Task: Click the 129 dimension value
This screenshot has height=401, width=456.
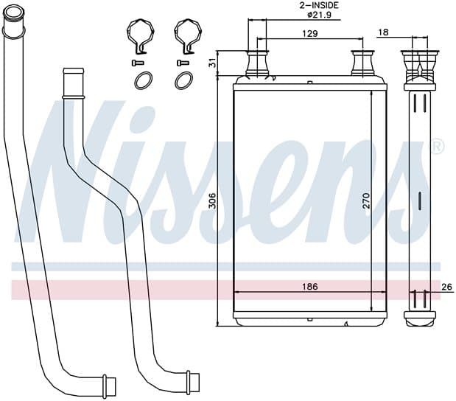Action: click(310, 33)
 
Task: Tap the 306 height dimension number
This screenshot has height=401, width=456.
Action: click(213, 200)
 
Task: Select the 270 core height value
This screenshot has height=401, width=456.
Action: click(366, 200)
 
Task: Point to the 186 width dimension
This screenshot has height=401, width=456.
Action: click(310, 287)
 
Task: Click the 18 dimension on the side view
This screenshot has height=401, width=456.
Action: click(384, 32)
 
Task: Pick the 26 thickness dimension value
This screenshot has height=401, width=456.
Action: click(447, 287)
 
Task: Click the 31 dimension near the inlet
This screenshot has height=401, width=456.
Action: click(213, 63)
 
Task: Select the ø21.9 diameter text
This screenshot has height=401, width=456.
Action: click(319, 15)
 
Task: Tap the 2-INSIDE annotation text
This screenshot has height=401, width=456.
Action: click(319, 5)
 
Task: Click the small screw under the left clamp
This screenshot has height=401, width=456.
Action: click(138, 63)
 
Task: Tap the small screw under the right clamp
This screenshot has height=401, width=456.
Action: click(183, 63)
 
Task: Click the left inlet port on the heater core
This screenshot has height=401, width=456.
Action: click(257, 63)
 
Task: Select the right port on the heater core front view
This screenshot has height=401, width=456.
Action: click(362, 63)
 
